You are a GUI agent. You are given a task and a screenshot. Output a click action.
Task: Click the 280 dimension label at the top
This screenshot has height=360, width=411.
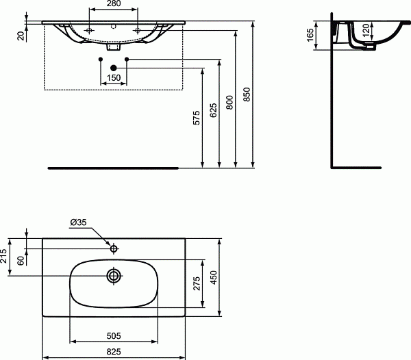(x=114, y=5)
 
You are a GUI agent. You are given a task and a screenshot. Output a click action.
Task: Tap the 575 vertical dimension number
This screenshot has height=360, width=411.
(x=197, y=118)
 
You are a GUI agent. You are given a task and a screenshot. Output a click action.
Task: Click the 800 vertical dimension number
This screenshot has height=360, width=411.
(x=229, y=101)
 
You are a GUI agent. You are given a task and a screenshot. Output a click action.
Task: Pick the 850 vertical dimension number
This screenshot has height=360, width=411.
(x=247, y=96)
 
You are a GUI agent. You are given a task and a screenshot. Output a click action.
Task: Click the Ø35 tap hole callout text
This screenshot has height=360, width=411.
(x=77, y=222)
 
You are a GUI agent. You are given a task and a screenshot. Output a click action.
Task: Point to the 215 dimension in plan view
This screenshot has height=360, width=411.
(x=5, y=257)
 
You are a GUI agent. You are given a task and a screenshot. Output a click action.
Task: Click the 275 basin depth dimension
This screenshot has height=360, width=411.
(x=197, y=283)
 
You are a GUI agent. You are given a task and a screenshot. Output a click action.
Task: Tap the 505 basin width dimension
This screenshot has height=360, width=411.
(x=114, y=336)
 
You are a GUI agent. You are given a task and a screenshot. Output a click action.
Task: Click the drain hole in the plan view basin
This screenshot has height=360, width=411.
(x=114, y=276)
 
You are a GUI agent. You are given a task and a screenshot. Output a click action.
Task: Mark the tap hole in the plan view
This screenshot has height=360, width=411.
(x=114, y=248)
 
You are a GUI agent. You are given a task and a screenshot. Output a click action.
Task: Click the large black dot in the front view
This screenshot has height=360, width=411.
(x=114, y=67)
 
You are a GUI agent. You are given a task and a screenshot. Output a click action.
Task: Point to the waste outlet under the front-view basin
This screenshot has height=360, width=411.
(x=114, y=48)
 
